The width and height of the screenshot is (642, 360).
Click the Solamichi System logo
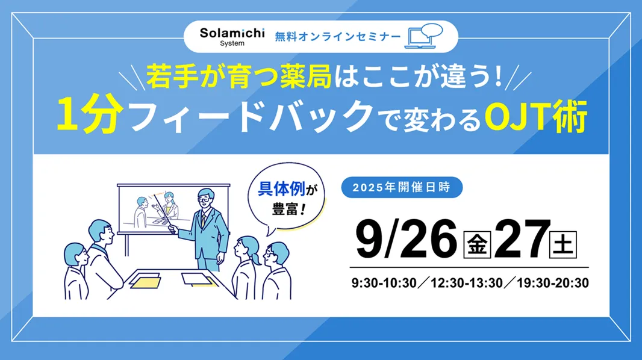click(x=232, y=37)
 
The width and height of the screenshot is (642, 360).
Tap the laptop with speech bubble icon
click(x=424, y=36)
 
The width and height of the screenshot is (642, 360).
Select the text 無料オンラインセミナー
click(x=338, y=37)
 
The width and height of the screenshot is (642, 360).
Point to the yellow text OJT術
click(x=535, y=116)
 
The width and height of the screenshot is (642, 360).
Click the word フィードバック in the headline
click(x=251, y=116)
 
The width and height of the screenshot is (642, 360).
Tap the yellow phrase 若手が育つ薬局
click(x=238, y=76)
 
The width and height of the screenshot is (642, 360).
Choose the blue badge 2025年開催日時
click(x=402, y=187)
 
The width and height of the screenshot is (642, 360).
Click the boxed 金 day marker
click(x=477, y=244)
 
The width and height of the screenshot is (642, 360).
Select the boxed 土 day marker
click(x=563, y=244)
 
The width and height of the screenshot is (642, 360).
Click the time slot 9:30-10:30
click(x=384, y=283)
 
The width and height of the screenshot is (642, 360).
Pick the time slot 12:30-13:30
click(x=466, y=283)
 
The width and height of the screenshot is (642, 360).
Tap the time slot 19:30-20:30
click(x=553, y=283)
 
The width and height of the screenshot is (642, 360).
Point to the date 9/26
click(x=406, y=240)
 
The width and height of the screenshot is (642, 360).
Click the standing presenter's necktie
click(x=203, y=222)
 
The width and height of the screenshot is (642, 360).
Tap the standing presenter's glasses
click(x=205, y=200)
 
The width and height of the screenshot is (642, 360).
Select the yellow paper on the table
click(x=146, y=282)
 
